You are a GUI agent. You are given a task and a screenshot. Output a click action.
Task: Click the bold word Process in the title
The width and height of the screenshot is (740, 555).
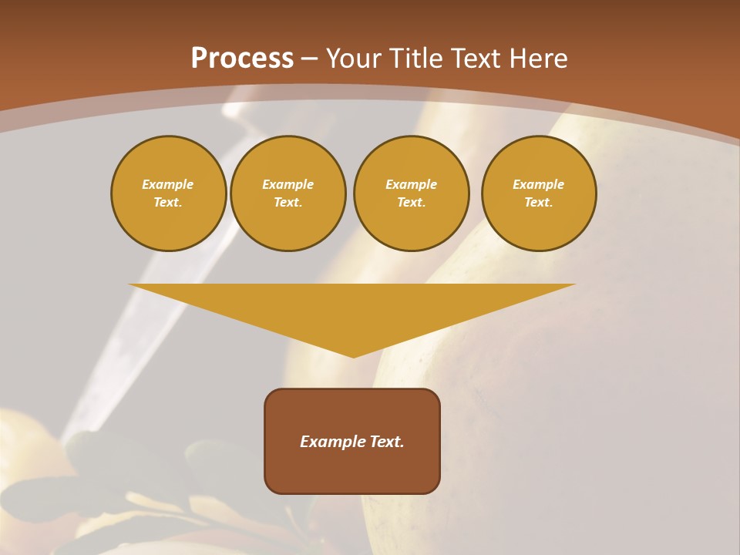point(242,59)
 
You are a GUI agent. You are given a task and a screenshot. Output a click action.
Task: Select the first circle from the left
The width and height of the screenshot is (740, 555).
point(168,193)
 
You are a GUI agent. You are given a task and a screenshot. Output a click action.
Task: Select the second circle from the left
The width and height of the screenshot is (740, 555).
point(288,193)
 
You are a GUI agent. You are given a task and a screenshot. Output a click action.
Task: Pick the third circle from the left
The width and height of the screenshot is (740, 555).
point(411,193)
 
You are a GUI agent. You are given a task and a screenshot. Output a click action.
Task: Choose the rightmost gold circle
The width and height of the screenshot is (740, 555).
point(538,193)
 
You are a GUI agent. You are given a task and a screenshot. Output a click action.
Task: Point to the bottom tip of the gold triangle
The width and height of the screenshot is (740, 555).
point(353,355)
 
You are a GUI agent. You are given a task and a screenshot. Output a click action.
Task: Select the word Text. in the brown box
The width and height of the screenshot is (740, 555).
point(386,442)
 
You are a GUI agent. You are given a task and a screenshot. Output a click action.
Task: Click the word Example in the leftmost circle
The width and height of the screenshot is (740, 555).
point(168,184)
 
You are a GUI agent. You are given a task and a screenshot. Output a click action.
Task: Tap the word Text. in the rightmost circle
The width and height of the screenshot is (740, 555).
point(538,202)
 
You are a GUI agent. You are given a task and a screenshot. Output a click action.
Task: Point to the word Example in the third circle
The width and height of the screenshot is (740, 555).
point(411,184)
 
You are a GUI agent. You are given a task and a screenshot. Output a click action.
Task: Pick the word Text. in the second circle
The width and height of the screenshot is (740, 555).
point(288,202)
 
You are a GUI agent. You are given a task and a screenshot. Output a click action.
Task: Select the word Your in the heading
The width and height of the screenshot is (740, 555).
point(355,59)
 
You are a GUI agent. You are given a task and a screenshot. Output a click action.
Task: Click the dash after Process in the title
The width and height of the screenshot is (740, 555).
point(310,59)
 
